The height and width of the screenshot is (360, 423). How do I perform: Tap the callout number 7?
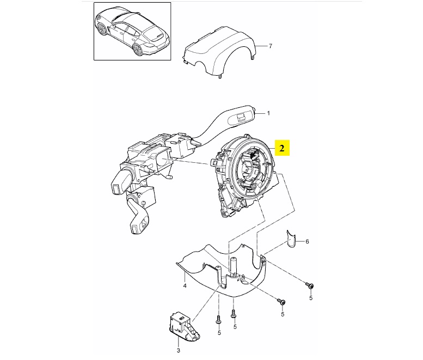point(270,46)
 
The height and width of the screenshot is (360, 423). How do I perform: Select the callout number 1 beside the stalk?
point(268,114)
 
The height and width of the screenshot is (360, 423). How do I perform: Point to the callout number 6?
point(306,241)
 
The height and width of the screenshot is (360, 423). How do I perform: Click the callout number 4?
point(185,285)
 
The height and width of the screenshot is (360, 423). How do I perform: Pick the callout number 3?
point(177,351)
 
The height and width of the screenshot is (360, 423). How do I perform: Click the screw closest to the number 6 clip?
point(309,285)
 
